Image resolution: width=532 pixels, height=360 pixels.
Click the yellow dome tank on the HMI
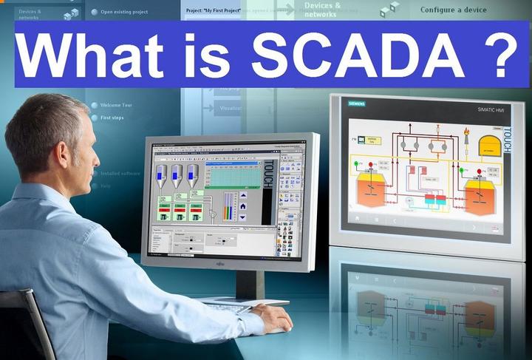[488, 144]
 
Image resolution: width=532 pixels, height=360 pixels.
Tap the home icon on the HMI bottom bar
[358, 219]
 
